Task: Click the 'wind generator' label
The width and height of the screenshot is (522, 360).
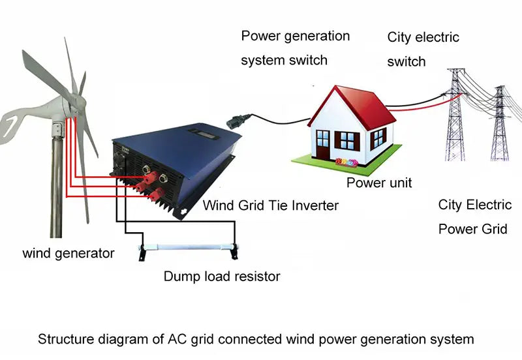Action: click(69, 252)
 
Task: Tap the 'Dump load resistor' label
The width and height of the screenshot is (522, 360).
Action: click(221, 277)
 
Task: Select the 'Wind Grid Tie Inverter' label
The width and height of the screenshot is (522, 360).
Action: click(271, 205)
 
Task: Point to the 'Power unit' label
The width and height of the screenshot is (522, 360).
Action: click(379, 183)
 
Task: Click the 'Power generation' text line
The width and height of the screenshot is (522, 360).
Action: click(296, 36)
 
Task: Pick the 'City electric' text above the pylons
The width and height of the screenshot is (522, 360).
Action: click(423, 37)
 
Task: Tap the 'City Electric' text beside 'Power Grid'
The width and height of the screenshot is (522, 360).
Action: click(474, 205)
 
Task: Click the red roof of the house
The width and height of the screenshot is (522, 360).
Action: click(365, 104)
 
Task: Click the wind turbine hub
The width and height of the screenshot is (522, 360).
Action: click(72, 102)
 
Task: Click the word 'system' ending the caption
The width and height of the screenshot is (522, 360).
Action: click(455, 339)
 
